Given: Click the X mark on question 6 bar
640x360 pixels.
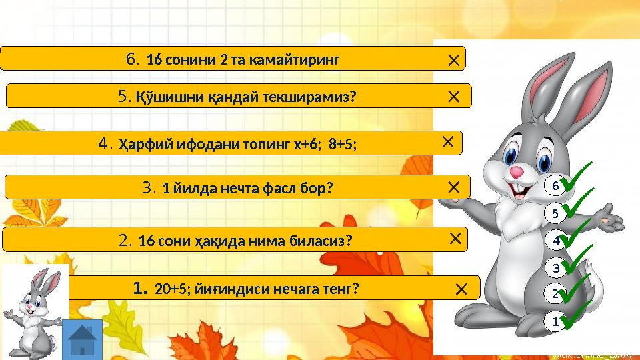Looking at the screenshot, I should pyautogui.click(x=453, y=61).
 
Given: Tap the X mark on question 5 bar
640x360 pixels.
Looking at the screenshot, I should pyautogui.click(x=453, y=97).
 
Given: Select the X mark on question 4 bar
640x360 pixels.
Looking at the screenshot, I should pyautogui.click(x=448, y=141).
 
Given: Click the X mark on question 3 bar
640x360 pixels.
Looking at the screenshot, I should pyautogui.click(x=453, y=187).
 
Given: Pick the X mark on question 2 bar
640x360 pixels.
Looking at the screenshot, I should pyautogui.click(x=456, y=238).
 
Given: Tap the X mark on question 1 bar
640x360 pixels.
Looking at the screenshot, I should pyautogui.click(x=461, y=289).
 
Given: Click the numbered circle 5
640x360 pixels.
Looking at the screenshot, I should pyautogui.click(x=555, y=214).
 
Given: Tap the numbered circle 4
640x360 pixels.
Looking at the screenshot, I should pyautogui.click(x=555, y=239).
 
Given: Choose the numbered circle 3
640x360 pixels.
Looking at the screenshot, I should pyautogui.click(x=555, y=268).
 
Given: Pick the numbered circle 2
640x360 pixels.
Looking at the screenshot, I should pyautogui.click(x=555, y=293).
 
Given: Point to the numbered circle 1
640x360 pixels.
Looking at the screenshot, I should pyautogui.click(x=555, y=321).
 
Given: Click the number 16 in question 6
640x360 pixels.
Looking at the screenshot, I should pyautogui.click(x=154, y=60).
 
